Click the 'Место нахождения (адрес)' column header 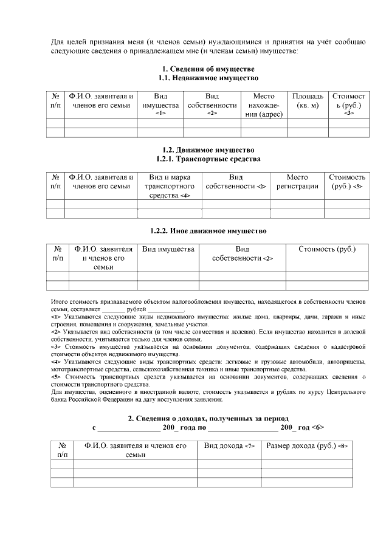tap(264, 105)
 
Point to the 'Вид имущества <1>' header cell tap(160, 105)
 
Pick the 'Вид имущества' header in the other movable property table tap(168, 249)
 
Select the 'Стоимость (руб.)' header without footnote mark tap(327, 249)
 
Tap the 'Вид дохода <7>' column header tap(229, 446)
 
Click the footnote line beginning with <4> tap(207, 362)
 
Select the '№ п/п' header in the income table tap(62, 450)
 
